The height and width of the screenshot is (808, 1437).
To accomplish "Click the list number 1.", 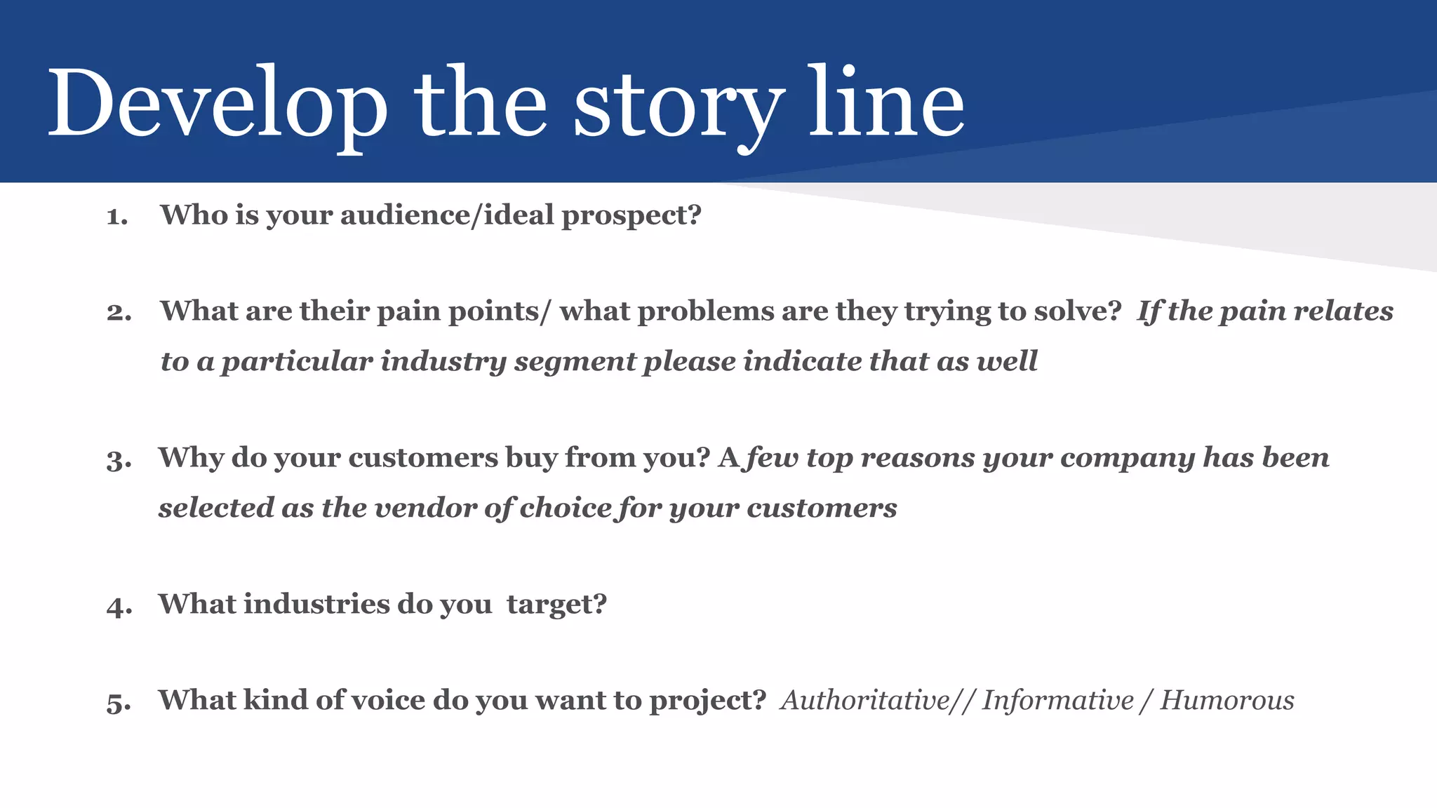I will click(116, 216).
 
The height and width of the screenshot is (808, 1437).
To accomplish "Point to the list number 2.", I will click(119, 312).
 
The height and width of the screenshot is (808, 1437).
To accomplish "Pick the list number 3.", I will click(119, 460).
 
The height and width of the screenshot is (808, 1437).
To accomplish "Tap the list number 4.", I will click(119, 606).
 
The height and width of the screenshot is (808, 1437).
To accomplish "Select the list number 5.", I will click(119, 702).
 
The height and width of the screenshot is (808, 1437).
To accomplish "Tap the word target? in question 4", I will click(556, 605).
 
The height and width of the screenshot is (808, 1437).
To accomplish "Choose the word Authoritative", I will click(864, 700).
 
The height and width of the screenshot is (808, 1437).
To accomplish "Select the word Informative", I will click(1057, 700).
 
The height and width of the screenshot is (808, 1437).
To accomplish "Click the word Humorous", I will click(1227, 700).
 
